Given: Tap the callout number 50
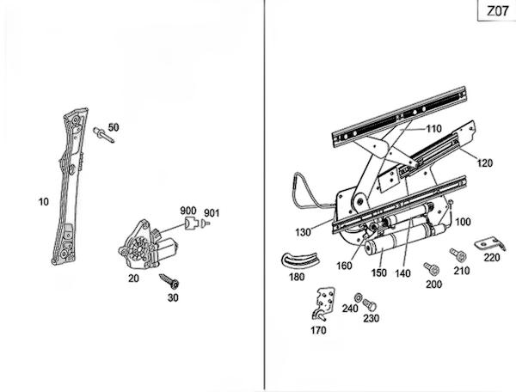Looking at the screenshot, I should (114, 128).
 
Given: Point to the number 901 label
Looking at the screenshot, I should (212, 213).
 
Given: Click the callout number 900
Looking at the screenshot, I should (187, 211).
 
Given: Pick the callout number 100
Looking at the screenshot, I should (464, 222).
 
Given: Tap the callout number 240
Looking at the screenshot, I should (350, 309).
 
